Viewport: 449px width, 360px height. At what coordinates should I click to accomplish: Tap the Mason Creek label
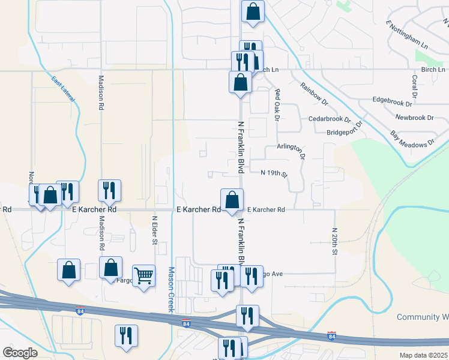point(170,289)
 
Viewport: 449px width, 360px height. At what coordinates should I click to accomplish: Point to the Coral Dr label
point(414,86)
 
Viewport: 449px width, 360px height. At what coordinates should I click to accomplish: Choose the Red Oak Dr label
point(277,104)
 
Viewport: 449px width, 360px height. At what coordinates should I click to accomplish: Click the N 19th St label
point(274,173)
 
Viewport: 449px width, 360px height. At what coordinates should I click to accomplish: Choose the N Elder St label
point(154,230)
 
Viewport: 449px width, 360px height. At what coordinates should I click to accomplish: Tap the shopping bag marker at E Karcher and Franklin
point(232,200)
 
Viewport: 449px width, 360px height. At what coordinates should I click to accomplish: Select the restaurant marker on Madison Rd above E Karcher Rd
point(110,190)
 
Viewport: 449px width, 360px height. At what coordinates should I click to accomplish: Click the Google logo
point(20,353)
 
